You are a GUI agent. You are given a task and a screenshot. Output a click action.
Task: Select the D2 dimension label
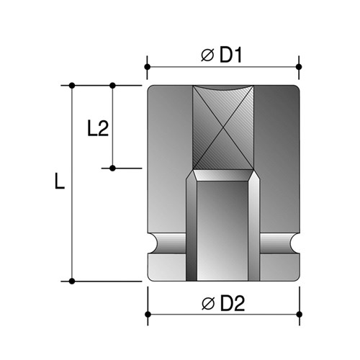click(230, 304)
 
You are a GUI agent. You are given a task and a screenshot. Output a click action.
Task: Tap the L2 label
click(97, 129)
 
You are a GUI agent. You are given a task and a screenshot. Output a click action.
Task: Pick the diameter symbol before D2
click(207, 304)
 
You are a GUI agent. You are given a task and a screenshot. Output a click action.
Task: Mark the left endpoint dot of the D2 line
click(147, 315)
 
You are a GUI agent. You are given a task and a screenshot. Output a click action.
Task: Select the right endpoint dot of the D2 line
click(299, 315)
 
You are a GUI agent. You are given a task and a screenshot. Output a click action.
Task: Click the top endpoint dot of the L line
click(73, 86)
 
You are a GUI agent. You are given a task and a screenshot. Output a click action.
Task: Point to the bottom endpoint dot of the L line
click(73, 281)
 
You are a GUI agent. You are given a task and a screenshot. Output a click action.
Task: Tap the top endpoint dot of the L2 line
click(113, 86)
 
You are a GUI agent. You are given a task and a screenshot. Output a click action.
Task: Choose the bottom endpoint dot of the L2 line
click(113, 168)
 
